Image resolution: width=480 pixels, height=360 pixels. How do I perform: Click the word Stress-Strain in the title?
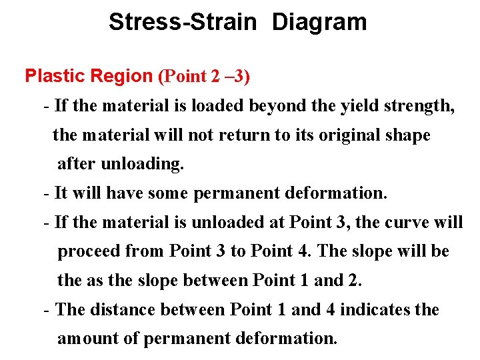pos(182,22)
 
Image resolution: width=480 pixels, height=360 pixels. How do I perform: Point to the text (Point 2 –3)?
pos(203,76)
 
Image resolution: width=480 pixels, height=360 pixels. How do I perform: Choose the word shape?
pos(407,135)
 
